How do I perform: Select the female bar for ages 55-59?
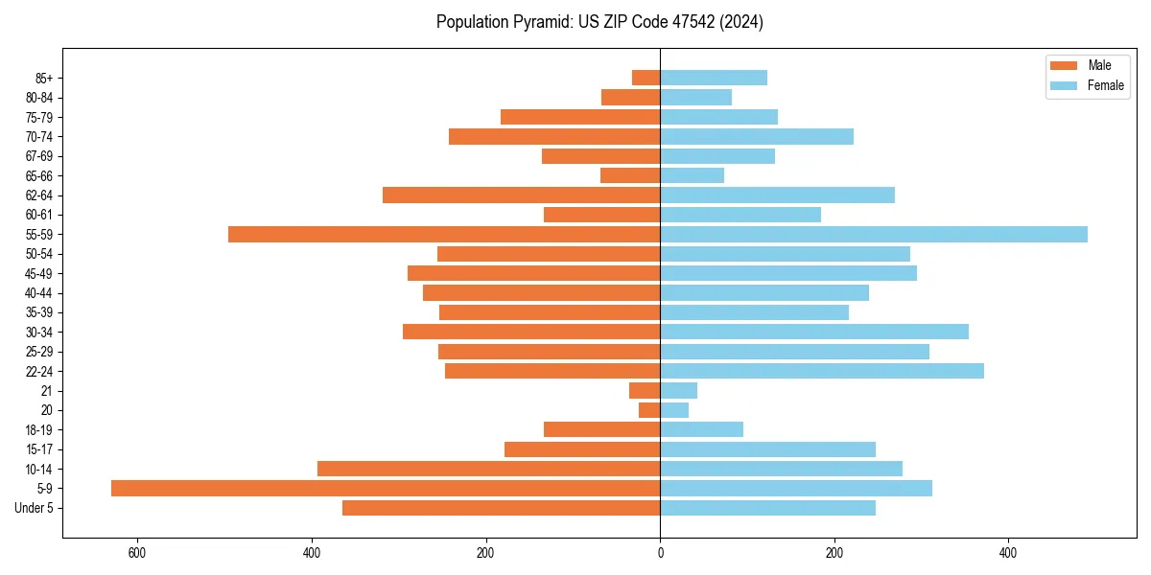(874, 235)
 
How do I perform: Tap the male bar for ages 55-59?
(444, 235)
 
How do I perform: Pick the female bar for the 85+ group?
(714, 78)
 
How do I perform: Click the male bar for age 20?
(649, 410)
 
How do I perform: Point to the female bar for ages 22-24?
(822, 371)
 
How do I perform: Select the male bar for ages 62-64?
(521, 195)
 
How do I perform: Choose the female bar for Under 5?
(767, 508)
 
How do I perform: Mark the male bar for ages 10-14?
(488, 469)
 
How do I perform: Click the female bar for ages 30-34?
(814, 332)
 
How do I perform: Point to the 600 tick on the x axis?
(137, 553)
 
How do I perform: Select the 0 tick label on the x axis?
(660, 553)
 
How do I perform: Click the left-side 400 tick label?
(312, 553)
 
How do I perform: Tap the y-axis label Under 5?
(34, 508)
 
